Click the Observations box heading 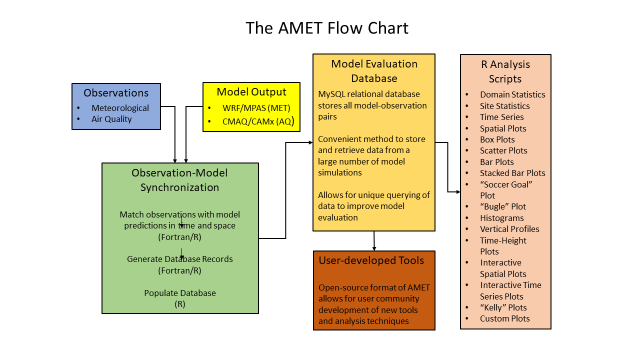(x=114, y=91)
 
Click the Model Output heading (x=251, y=91)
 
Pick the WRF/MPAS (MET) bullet (x=257, y=107)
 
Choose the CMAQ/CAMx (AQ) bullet (x=257, y=121)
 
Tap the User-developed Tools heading (x=374, y=260)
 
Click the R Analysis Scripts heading (x=510, y=71)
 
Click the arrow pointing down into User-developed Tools (x=374, y=243)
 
